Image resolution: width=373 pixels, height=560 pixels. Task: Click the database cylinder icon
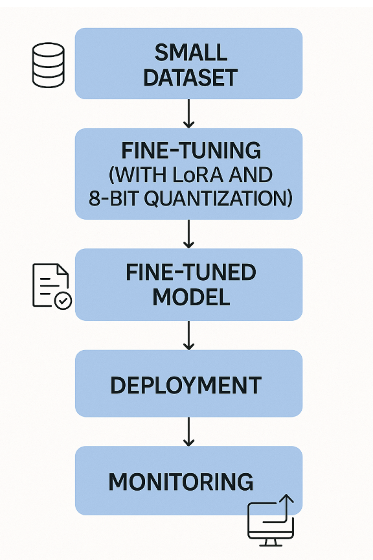point(49,65)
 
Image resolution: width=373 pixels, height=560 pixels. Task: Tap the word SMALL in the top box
point(191,52)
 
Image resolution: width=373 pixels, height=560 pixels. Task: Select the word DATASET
point(190,78)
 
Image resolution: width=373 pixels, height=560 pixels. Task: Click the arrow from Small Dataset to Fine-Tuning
point(188,113)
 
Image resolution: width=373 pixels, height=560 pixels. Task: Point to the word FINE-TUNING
point(191,150)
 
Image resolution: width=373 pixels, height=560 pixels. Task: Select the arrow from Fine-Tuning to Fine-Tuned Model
point(188,234)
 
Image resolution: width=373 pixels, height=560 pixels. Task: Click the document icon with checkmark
point(52,286)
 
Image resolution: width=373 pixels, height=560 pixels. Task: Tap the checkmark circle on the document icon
point(63,301)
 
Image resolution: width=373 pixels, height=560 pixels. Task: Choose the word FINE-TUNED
point(191,272)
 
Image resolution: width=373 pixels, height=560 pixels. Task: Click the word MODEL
point(191,297)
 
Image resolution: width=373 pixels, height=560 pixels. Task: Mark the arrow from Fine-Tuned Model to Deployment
point(188,335)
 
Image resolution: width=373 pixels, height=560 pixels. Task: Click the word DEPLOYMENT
point(186,386)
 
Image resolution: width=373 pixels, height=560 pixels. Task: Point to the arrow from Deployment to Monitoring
point(188,432)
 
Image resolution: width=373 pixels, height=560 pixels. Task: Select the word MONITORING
point(181,482)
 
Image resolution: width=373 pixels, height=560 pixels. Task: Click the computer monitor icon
point(271,520)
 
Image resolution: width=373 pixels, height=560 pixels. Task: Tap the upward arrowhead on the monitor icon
point(286,498)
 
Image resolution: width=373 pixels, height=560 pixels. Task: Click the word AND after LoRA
point(251,175)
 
